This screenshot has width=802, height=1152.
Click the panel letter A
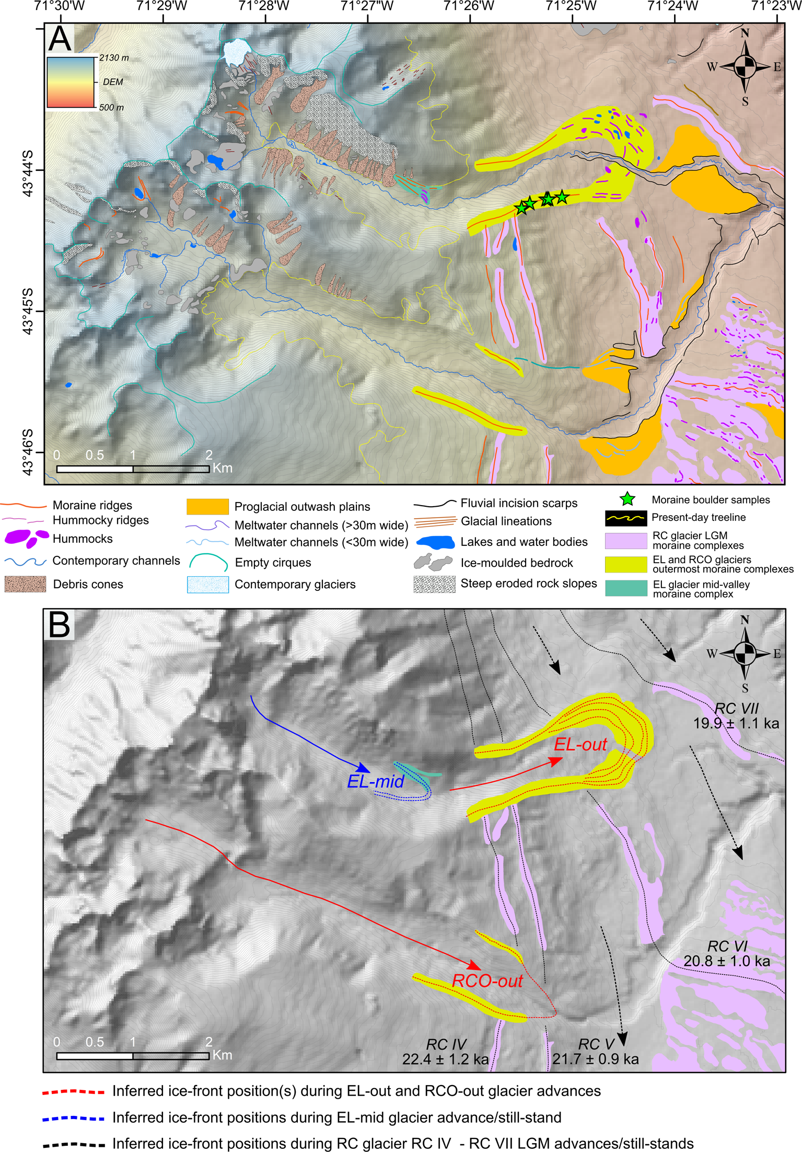click(x=60, y=38)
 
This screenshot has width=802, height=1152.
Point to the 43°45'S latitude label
click(x=27, y=311)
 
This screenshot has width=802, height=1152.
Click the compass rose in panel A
click(x=745, y=67)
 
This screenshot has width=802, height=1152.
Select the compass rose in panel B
click(x=745, y=654)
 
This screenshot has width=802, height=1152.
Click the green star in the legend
click(x=627, y=499)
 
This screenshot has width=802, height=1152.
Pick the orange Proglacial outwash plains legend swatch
click(x=207, y=506)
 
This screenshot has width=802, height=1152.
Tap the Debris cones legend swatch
click(x=25, y=584)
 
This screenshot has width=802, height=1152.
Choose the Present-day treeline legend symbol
click(x=626, y=518)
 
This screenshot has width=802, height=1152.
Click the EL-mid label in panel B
click(x=375, y=781)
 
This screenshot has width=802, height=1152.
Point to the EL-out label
click(x=580, y=744)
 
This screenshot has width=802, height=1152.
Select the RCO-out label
click(x=487, y=980)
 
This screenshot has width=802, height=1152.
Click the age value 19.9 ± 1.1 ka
click(x=736, y=723)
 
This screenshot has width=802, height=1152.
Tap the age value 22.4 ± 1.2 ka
click(x=445, y=1059)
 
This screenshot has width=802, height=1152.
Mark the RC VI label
click(x=727, y=946)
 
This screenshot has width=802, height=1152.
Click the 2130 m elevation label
click(x=113, y=58)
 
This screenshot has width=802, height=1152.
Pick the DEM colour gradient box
click(x=71, y=82)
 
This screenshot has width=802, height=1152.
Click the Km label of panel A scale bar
click(x=223, y=468)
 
